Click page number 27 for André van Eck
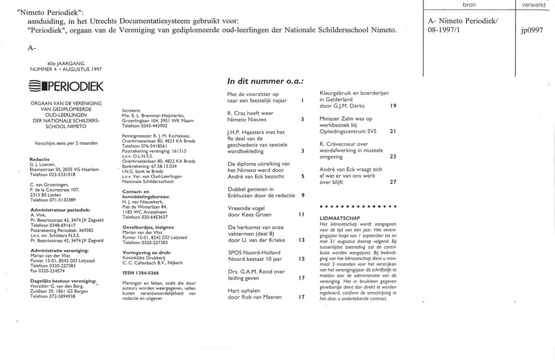coord(393,181)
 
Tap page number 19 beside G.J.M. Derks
coord(393,106)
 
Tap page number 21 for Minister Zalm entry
coord(393,131)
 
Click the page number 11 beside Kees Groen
coord(301,214)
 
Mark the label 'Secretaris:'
coord(130,110)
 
